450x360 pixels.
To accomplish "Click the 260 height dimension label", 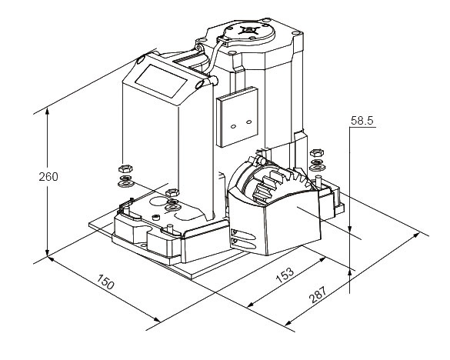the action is [x=48, y=177].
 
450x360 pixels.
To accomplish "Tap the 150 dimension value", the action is [x=105, y=282].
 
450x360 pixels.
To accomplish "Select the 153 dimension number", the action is [x=285, y=275].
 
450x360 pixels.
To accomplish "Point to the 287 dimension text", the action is [x=318, y=295].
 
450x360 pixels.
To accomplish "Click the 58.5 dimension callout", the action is [x=362, y=121].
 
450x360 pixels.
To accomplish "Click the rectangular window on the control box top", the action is [x=162, y=81].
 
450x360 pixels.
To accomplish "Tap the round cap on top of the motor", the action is [x=248, y=33].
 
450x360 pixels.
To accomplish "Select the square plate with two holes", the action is [x=238, y=117].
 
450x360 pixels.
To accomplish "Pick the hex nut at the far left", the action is [x=125, y=168].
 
